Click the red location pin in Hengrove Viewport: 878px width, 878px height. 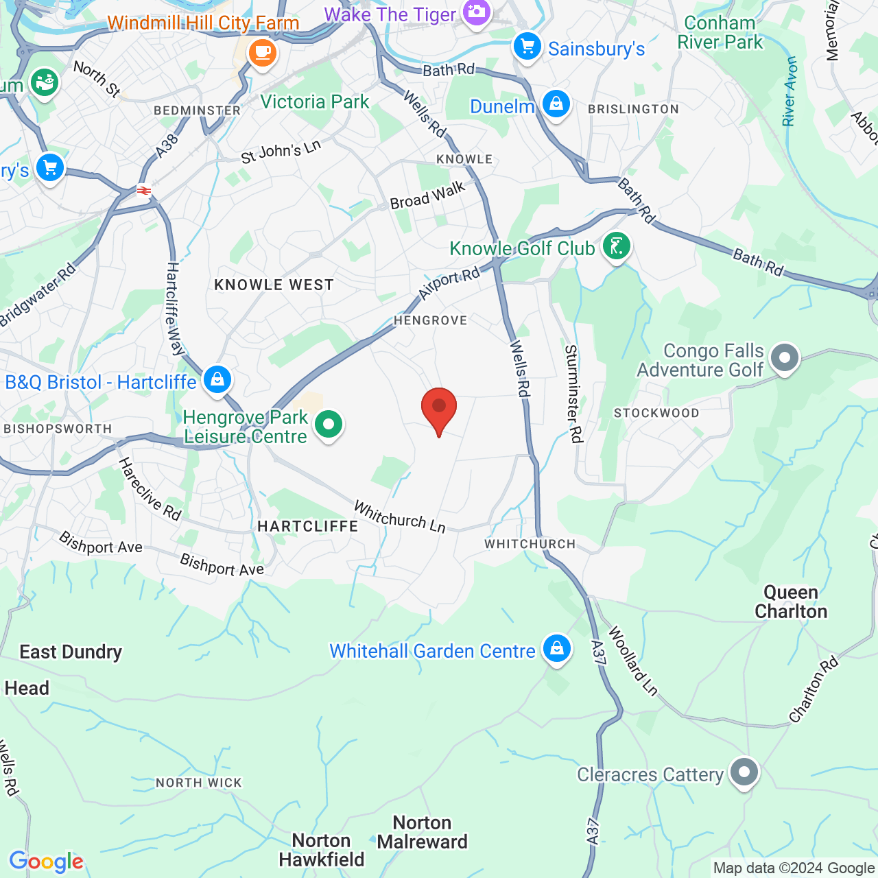point(438,409)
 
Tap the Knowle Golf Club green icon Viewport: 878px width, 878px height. point(616,246)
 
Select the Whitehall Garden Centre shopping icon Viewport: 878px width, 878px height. point(556,649)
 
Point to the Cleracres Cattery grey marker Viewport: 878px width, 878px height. point(744,773)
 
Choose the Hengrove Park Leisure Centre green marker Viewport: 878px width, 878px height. point(329,425)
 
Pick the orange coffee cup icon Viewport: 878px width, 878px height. point(262,52)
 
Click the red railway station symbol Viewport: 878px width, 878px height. point(144,191)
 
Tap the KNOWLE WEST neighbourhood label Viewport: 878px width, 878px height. point(274,285)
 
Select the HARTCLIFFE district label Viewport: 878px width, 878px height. point(307,526)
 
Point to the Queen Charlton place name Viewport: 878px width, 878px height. point(791,602)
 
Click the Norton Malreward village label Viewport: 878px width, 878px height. point(422,832)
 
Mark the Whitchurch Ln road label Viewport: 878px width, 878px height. point(399,517)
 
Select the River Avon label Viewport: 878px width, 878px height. point(790,91)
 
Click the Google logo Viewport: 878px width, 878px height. point(46,861)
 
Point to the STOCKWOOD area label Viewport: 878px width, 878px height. point(656,413)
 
